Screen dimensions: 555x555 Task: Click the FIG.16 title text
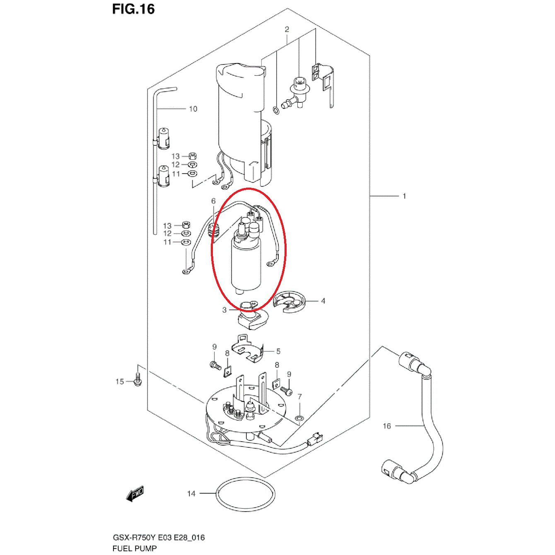pyautogui.click(x=133, y=9)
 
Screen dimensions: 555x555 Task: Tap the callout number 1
pyautogui.click(x=404, y=196)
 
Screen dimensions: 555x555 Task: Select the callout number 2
pyautogui.click(x=287, y=29)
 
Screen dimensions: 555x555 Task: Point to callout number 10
pyautogui.click(x=193, y=109)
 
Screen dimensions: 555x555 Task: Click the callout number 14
pyautogui.click(x=191, y=494)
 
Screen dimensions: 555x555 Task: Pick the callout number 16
pyautogui.click(x=386, y=426)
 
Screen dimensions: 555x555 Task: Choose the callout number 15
pyautogui.click(x=120, y=381)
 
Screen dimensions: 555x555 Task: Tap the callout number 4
pyautogui.click(x=323, y=301)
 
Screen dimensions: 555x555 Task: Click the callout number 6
pyautogui.click(x=213, y=201)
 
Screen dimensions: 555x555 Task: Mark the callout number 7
pyautogui.click(x=299, y=397)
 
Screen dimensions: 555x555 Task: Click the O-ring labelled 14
pyautogui.click(x=245, y=510)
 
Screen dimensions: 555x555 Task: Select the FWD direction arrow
pyautogui.click(x=135, y=494)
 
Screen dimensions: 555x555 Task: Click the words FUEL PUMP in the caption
pyautogui.click(x=135, y=548)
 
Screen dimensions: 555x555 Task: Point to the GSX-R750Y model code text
pyautogui.click(x=134, y=538)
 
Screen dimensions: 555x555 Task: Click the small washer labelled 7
pyautogui.click(x=299, y=418)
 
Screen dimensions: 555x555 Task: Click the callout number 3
pyautogui.click(x=224, y=310)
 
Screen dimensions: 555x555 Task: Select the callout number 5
pyautogui.click(x=278, y=351)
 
